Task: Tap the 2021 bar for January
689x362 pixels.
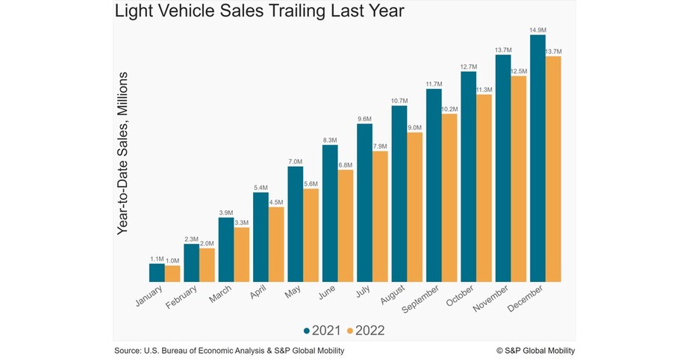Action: (157, 273)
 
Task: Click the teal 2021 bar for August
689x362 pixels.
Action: (399, 194)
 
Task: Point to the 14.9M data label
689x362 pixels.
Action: (537, 30)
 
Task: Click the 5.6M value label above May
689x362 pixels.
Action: (311, 184)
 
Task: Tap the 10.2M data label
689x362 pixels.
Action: (449, 109)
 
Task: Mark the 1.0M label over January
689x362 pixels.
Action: (172, 260)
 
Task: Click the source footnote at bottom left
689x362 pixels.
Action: (229, 350)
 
